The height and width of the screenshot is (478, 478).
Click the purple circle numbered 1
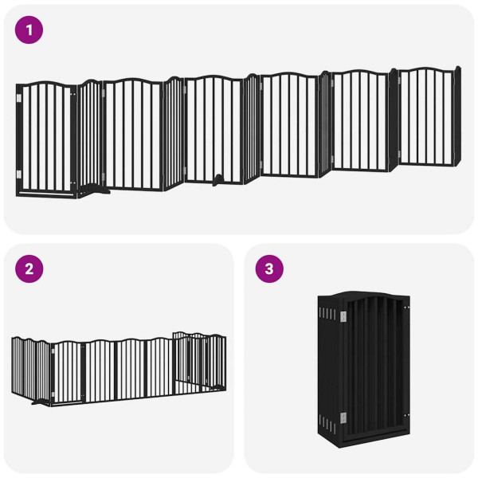(x=29, y=30)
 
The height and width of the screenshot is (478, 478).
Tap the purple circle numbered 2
(x=29, y=268)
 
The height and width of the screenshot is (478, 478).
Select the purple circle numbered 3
(x=268, y=268)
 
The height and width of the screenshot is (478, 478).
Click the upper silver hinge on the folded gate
(x=344, y=317)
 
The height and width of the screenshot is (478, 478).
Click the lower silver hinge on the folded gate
(x=344, y=417)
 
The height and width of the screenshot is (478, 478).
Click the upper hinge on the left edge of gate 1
(x=19, y=99)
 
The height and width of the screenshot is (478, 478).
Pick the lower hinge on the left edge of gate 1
(x=19, y=174)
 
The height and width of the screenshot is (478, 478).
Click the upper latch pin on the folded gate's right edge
(x=407, y=307)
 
